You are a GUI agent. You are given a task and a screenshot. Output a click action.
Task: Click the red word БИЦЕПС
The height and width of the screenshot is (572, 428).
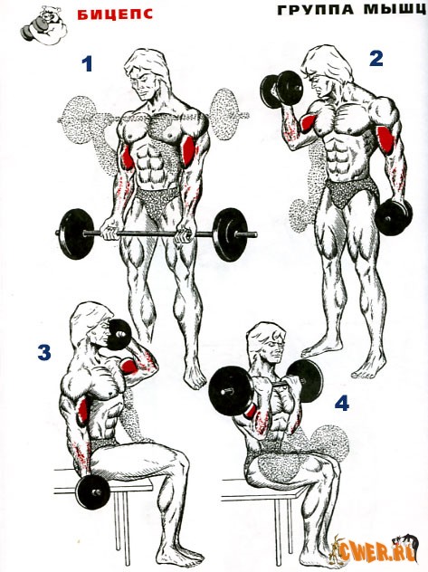(x=115, y=14)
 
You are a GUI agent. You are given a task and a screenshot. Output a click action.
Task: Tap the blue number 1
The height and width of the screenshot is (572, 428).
(x=87, y=63)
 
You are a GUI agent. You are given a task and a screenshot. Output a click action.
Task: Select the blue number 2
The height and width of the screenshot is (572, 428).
(x=376, y=58)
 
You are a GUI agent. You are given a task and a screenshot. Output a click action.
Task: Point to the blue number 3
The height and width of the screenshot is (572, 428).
(x=44, y=353)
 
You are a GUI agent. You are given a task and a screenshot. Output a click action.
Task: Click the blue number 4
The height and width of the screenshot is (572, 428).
(x=342, y=403)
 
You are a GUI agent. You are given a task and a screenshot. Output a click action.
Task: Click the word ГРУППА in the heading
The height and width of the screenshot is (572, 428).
(x=316, y=10)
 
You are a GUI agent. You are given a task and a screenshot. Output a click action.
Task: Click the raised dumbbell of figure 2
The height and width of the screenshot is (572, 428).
(x=281, y=90)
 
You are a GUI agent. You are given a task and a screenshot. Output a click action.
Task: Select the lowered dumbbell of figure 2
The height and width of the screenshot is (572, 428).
(x=394, y=217)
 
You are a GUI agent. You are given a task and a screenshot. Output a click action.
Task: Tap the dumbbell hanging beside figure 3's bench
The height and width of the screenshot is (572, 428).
(x=93, y=492)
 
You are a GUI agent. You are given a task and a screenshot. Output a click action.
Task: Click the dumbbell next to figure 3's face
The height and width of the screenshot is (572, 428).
(x=119, y=335)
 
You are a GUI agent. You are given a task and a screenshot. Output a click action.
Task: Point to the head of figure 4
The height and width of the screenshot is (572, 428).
(x=267, y=343)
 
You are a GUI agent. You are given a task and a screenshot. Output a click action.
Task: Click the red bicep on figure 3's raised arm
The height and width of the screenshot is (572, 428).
(x=129, y=367)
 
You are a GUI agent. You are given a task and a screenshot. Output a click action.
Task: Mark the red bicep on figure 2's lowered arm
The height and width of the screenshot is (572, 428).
(x=385, y=139)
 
